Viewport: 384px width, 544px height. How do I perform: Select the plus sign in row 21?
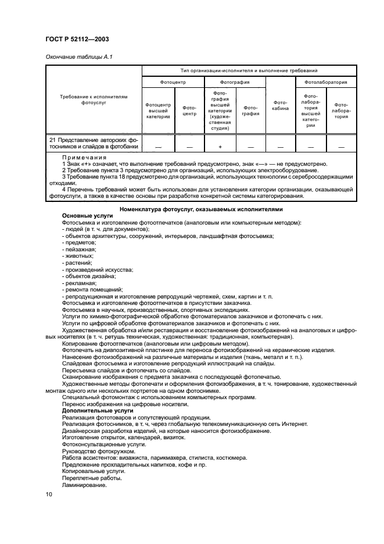click(x=220, y=146)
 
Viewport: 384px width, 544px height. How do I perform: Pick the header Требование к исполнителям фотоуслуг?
click(x=94, y=99)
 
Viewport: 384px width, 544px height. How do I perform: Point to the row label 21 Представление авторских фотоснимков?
click(x=94, y=143)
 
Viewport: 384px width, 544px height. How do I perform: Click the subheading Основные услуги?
click(x=84, y=215)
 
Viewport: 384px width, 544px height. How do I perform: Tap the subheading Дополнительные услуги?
click(x=90, y=410)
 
